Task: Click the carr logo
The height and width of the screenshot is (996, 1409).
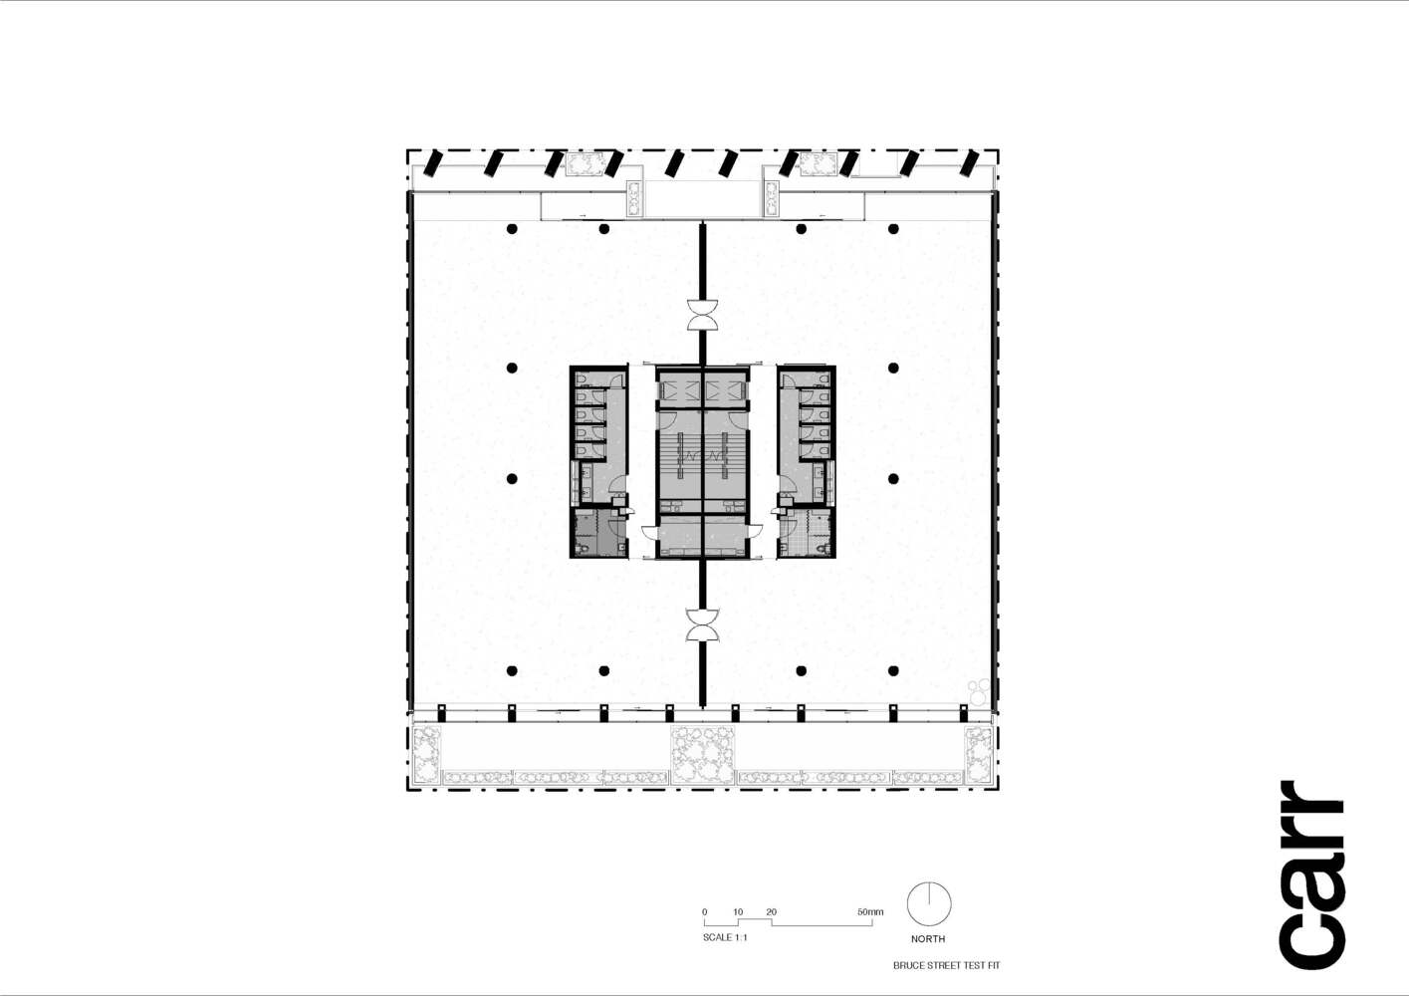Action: click(x=1312, y=874)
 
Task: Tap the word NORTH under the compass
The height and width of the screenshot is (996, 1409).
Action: click(x=927, y=939)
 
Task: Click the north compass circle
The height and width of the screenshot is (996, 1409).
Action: click(x=928, y=904)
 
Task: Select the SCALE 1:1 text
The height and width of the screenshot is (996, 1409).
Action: click(x=725, y=937)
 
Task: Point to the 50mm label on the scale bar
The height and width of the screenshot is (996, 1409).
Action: click(x=869, y=912)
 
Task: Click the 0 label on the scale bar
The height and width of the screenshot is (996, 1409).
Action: click(x=704, y=912)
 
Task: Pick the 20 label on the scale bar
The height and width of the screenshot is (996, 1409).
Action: click(x=771, y=912)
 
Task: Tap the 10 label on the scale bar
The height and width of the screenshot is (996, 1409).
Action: click(x=738, y=912)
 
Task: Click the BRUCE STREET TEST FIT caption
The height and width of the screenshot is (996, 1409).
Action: click(x=946, y=965)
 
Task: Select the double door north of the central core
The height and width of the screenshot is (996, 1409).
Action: click(x=702, y=314)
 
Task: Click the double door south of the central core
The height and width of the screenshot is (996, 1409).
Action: click(x=702, y=625)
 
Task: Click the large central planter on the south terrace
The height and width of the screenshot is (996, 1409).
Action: click(x=702, y=754)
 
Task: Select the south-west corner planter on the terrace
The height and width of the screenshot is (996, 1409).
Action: click(x=426, y=754)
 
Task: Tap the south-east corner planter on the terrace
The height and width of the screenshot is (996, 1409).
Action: click(x=979, y=754)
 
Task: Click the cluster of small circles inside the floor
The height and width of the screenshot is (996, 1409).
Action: click(x=980, y=690)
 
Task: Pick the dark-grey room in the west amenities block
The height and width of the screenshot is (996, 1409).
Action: click(x=596, y=535)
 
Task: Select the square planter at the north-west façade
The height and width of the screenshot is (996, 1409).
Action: click(x=585, y=164)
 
